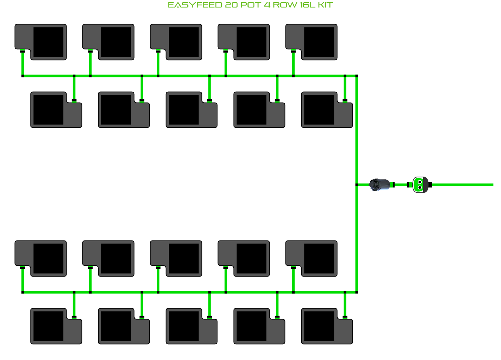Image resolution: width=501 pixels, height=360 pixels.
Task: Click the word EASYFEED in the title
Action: (195, 5)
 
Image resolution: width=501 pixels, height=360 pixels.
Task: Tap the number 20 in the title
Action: (231, 5)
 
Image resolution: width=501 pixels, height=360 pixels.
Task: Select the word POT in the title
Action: (250, 5)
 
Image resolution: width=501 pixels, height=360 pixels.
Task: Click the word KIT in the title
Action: (325, 5)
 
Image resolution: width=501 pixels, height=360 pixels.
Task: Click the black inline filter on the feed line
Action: (380, 185)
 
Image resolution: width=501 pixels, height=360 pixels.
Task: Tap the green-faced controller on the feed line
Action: (420, 185)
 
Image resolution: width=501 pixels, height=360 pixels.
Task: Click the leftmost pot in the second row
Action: (56, 110)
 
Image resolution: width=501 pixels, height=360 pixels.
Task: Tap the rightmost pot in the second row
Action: (327, 110)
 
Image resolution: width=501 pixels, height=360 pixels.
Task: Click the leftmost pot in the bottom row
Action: (56, 326)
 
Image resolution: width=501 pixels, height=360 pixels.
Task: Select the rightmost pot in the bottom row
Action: (327, 326)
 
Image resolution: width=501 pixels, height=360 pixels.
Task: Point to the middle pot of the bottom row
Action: (191, 326)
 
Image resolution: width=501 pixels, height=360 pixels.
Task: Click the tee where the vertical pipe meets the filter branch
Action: (357, 185)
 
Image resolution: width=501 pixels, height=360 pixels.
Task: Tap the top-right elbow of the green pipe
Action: (357, 76)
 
